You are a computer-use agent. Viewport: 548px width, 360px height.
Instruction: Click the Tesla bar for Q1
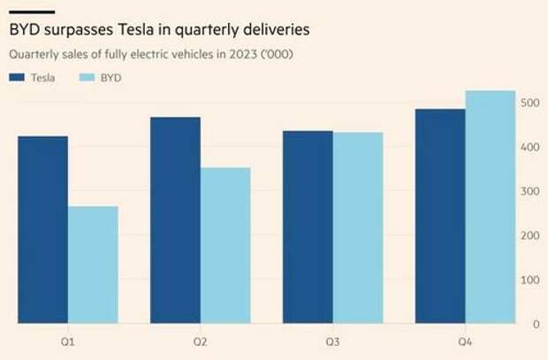click(x=42, y=230)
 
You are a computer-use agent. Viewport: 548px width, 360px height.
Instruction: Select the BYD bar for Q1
click(x=93, y=265)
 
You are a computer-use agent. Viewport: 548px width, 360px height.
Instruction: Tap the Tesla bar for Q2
click(x=175, y=221)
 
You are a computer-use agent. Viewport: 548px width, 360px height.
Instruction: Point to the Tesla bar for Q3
click(x=308, y=227)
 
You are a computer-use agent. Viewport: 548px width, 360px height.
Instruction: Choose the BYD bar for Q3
click(x=358, y=228)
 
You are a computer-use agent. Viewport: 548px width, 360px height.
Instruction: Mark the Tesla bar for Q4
click(x=440, y=217)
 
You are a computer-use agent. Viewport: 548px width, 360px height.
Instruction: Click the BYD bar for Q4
click(x=491, y=208)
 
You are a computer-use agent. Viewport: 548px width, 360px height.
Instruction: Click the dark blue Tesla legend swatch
click(x=17, y=78)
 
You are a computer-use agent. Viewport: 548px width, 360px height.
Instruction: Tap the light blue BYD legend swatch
click(x=89, y=78)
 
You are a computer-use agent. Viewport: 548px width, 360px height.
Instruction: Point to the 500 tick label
click(x=529, y=103)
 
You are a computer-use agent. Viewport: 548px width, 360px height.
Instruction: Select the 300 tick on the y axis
click(x=529, y=192)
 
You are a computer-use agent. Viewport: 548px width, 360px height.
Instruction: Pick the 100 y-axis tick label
click(x=529, y=280)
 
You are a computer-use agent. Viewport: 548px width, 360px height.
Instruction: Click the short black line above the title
click(x=32, y=11)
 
